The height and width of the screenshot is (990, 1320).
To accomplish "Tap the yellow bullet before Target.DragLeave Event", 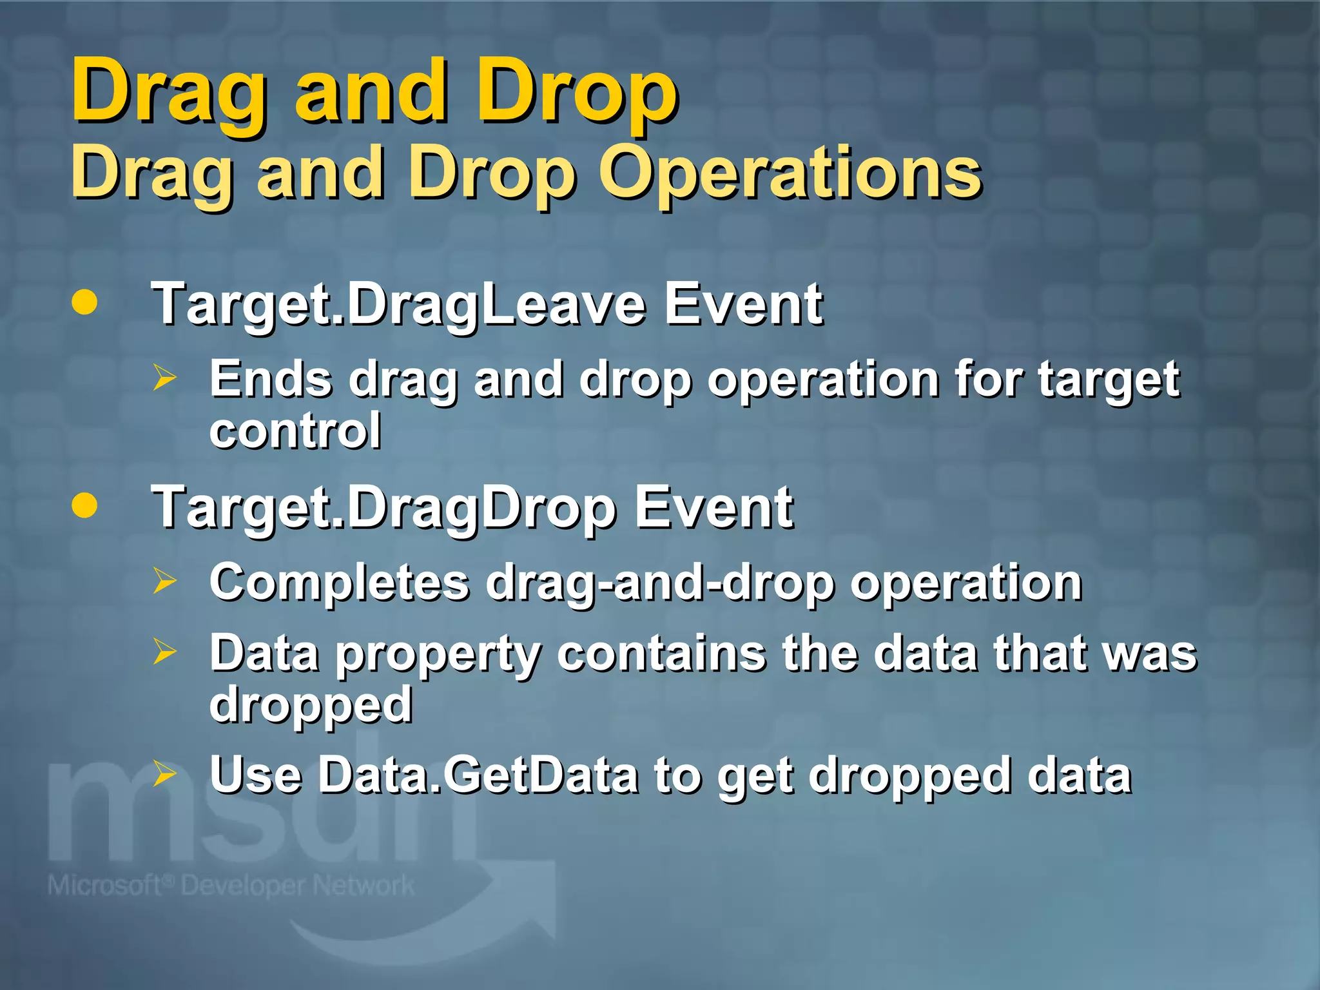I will (x=84, y=302).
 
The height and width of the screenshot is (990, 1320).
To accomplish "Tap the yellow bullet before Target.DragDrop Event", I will (x=84, y=505).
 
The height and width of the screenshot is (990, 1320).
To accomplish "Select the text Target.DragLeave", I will (x=398, y=306).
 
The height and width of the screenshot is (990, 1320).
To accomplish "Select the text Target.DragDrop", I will (x=383, y=509).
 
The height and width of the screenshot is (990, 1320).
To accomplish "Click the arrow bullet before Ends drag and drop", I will (x=164, y=378).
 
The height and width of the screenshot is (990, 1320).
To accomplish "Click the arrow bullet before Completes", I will (x=164, y=581).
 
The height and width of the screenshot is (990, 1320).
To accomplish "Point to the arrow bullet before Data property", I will (x=164, y=652).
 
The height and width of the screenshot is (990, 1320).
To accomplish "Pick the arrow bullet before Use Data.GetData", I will (x=164, y=773).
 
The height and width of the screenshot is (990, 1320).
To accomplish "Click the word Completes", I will (x=340, y=582).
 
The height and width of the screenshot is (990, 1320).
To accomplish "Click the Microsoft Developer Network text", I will (x=231, y=886).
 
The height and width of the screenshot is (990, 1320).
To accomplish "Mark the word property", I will (x=439, y=654).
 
